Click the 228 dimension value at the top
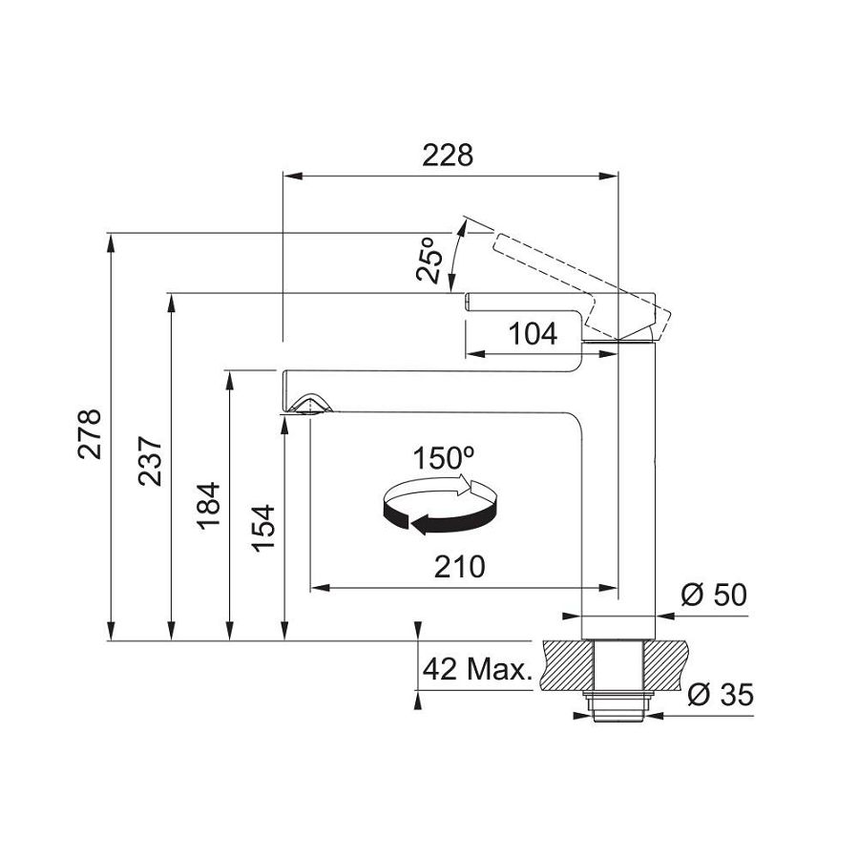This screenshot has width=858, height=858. point(447,155)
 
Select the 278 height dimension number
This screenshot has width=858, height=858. point(90,433)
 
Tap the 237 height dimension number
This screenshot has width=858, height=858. point(150,461)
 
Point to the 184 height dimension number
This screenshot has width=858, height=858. point(208,505)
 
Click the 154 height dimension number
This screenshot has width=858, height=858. point(263,528)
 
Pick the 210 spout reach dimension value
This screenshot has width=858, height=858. point(460,566)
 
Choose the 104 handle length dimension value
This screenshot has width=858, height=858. point(533,333)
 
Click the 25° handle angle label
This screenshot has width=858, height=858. point(429,260)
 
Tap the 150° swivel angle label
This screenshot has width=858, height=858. point(443,458)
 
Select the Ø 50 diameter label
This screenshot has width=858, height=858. point(714,595)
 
